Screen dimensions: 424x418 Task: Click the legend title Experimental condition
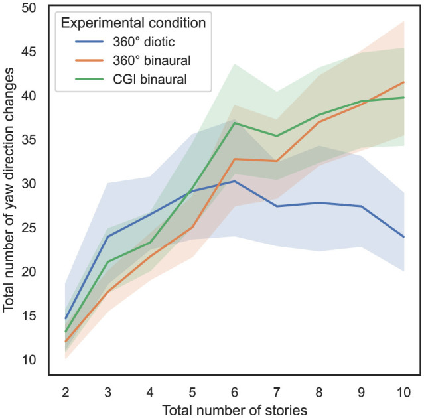pos(133,23)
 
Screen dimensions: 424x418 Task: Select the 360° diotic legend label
pos(144,42)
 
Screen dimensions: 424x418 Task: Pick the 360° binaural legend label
pos(152,60)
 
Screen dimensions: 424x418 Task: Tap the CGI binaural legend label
pos(150,79)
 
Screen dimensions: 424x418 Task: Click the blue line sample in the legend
pos(89,42)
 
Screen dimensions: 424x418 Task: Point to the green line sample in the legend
pos(89,79)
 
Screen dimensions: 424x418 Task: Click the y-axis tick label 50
pos(29,8)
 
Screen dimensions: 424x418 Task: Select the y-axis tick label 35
pos(29,140)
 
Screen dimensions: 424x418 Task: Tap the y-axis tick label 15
pos(29,316)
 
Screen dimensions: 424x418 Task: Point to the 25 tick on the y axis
pos(29,228)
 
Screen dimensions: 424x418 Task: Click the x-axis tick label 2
pos(66,393)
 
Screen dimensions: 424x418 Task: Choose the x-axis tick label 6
pos(234,393)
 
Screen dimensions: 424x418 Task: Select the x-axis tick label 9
pos(362,393)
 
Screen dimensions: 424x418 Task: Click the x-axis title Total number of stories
pos(235,411)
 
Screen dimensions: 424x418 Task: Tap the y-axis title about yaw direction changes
pos(8,190)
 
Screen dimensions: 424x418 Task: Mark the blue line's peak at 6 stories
pos(235,181)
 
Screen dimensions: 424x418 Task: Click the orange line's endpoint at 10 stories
pos(403,82)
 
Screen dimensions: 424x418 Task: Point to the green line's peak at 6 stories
pos(235,123)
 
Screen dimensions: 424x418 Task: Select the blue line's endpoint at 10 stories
pos(403,237)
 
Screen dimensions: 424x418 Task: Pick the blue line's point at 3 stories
pos(108,237)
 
